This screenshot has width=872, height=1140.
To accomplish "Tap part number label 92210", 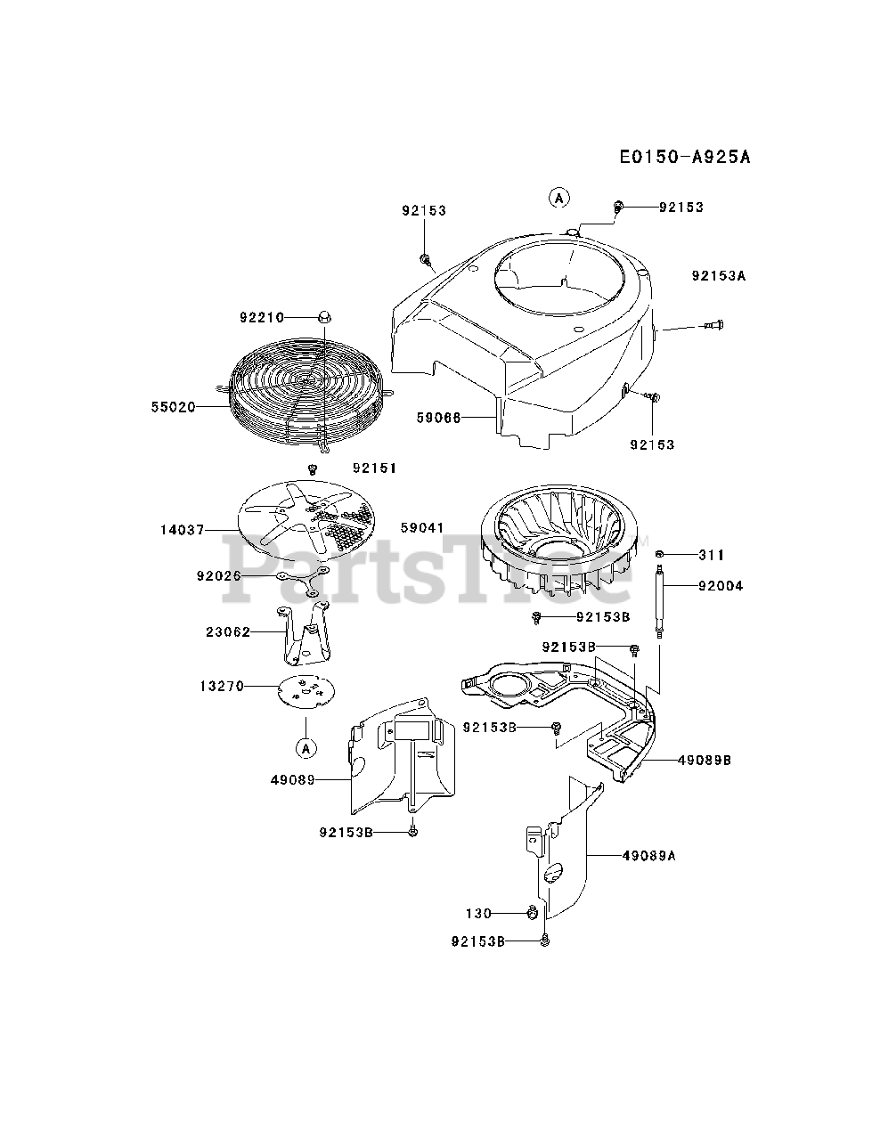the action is point(261,317).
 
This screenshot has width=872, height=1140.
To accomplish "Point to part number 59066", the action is point(438,417).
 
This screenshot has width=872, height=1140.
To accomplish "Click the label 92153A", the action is point(718,276).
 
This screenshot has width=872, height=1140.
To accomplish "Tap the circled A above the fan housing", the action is point(558,198).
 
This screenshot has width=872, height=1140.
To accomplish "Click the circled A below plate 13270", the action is point(306,748).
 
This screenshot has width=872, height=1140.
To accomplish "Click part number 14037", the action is point(183,530).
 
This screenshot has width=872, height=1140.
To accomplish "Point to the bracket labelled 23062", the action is point(303,634).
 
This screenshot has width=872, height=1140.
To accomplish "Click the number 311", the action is point(712,556).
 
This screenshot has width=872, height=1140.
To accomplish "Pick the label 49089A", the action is point(649,855).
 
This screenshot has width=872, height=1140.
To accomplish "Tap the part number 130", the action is point(478,913).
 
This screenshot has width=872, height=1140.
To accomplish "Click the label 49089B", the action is point(704,761).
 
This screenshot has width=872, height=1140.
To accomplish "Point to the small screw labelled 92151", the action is point(313,468).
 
